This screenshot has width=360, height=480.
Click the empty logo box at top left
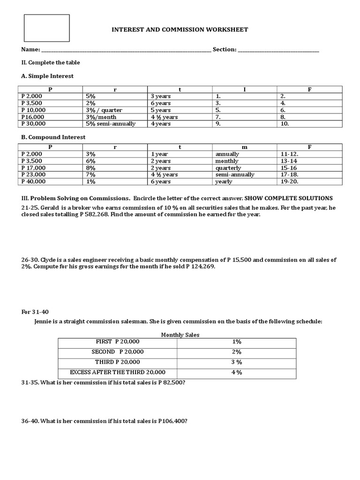(x=47, y=28)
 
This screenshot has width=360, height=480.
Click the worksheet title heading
(x=180, y=30)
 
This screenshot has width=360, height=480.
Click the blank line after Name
(x=126, y=50)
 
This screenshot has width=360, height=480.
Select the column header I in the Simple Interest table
(x=244, y=90)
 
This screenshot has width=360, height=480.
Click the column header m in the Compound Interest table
(x=244, y=147)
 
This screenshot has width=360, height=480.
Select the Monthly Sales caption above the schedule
(x=180, y=335)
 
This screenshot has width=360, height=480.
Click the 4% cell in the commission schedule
(x=236, y=372)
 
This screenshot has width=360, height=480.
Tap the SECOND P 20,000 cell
(x=118, y=352)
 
